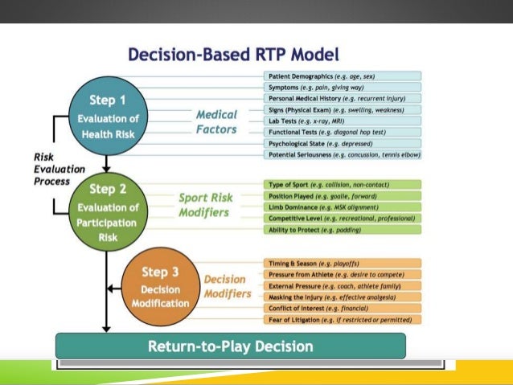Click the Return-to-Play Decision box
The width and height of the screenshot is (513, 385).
[x=230, y=346]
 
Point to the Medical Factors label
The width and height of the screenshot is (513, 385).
[x=216, y=122]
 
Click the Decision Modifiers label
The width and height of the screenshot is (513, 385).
[x=224, y=288]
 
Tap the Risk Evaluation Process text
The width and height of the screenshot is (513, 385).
[x=30, y=170]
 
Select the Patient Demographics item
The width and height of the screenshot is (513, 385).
[x=342, y=76]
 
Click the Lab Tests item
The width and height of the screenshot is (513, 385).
[x=342, y=121]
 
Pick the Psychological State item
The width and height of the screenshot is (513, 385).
[x=342, y=143]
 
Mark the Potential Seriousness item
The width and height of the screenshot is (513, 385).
[x=342, y=154]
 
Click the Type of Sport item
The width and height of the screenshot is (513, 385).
[x=342, y=184]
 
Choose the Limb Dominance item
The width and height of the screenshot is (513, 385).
[x=342, y=207]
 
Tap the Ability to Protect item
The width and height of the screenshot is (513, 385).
[x=342, y=229]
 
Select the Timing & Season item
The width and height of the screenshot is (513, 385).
[x=342, y=263]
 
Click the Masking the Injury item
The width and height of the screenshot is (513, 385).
[x=342, y=297]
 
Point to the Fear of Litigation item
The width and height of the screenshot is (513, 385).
[x=342, y=319]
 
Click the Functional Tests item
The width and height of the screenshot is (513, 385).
[x=342, y=132]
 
